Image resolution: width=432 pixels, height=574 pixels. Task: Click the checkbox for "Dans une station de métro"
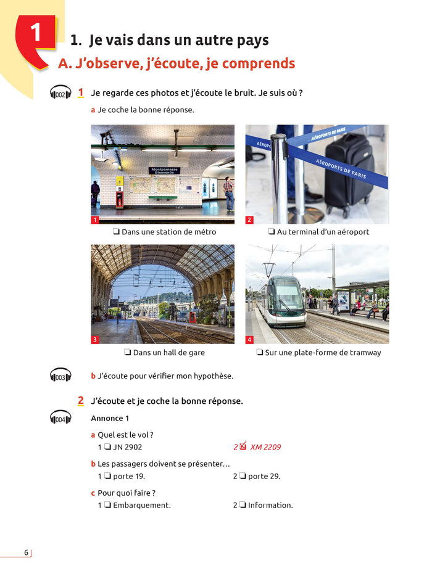pyautogui.click(x=116, y=232)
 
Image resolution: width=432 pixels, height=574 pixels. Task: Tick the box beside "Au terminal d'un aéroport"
pyautogui.click(x=271, y=232)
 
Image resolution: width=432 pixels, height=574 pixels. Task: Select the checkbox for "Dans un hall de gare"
pyautogui.click(x=127, y=353)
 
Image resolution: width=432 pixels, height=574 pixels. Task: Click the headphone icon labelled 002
pyautogui.click(x=60, y=94)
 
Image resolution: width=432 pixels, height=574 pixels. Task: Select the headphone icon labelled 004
pyautogui.click(x=60, y=419)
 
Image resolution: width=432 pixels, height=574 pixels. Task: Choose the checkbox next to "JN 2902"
pyautogui.click(x=107, y=448)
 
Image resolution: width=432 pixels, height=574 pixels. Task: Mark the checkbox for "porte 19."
pyautogui.click(x=107, y=477)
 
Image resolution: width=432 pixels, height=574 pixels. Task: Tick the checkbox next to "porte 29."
pyautogui.click(x=243, y=477)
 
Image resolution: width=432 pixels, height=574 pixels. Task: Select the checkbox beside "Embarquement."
pyautogui.click(x=107, y=506)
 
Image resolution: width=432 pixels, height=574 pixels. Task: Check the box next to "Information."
pyautogui.click(x=243, y=506)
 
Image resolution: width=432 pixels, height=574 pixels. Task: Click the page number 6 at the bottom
pyautogui.click(x=26, y=552)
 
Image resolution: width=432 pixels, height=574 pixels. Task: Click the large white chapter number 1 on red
pyautogui.click(x=36, y=32)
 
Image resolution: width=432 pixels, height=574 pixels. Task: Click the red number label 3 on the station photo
pyautogui.click(x=95, y=340)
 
